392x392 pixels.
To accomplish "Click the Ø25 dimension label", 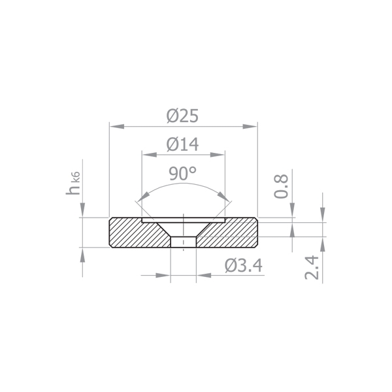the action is click(182, 116).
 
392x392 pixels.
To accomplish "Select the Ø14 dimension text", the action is click(182, 144).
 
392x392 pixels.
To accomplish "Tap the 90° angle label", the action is click(183, 173).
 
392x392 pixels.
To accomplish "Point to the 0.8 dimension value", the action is click(281, 186).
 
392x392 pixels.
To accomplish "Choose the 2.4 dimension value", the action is click(312, 267).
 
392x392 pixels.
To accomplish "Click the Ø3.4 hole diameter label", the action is click(244, 266).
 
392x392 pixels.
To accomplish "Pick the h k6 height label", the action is click(73, 183).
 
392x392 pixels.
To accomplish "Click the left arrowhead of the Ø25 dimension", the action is click(117, 127).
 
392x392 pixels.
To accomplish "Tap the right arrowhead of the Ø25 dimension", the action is click(250, 127).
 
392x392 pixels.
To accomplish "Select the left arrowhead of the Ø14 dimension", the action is click(150, 155).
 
